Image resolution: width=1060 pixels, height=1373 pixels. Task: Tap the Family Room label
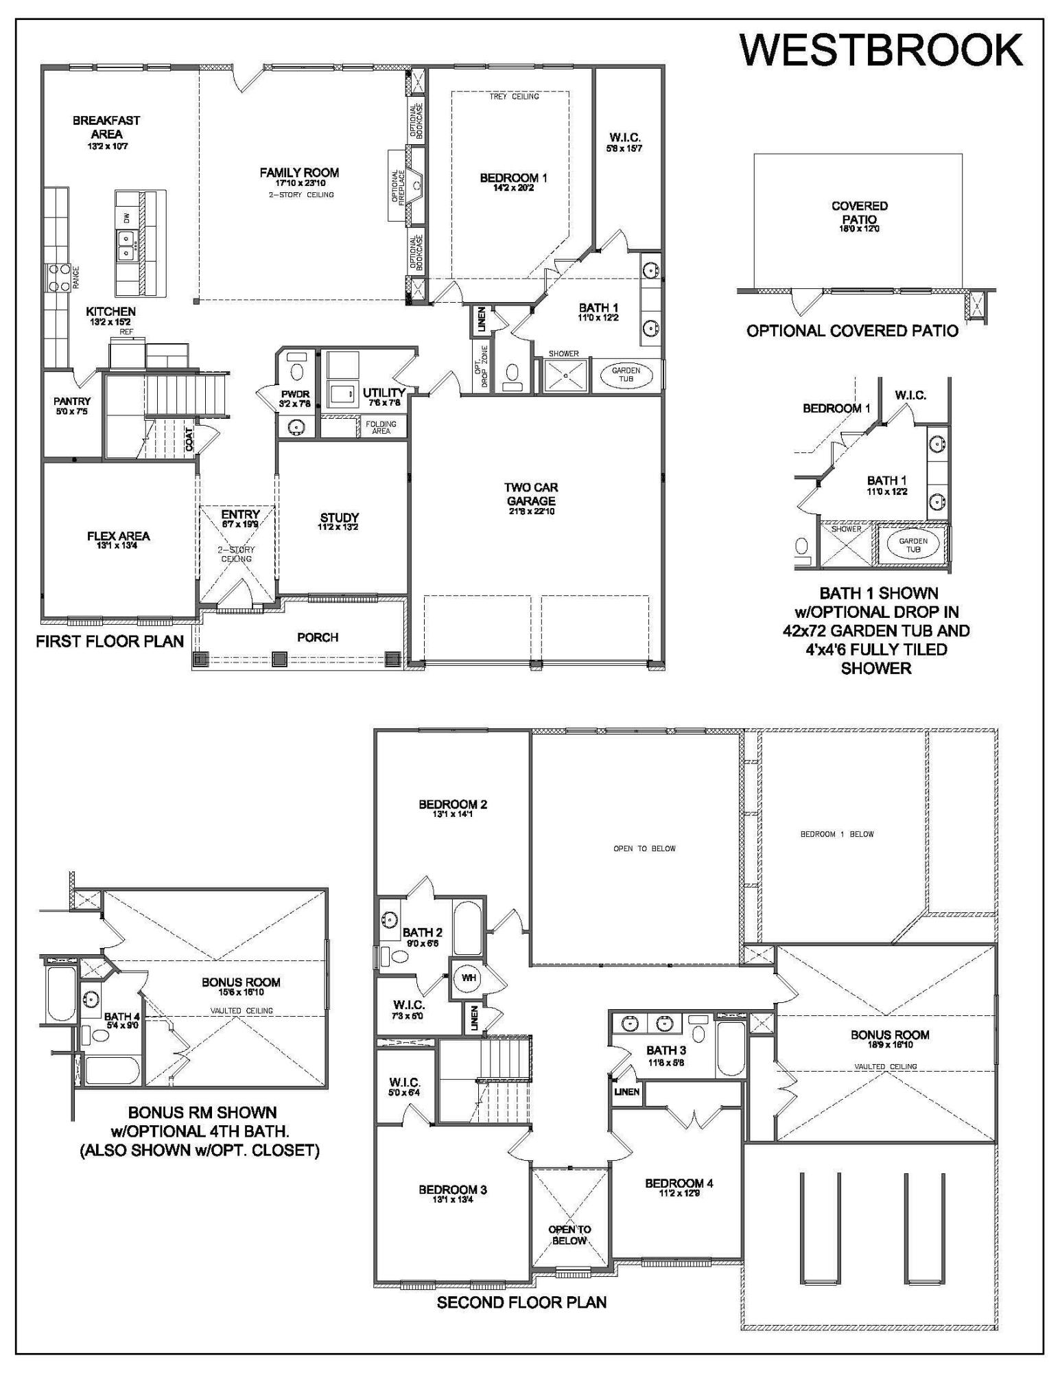tap(299, 173)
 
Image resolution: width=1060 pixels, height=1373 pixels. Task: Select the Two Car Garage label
tap(531, 494)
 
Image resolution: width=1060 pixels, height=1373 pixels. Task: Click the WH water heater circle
tap(468, 978)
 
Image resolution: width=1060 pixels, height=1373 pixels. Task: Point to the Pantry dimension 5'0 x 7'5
tap(72, 411)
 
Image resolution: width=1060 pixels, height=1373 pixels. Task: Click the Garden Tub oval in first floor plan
tap(626, 374)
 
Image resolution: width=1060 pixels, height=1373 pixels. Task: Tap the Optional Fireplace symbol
tap(415, 185)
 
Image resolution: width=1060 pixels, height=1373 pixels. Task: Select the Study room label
tap(340, 518)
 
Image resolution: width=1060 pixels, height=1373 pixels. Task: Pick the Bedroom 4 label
tap(679, 1183)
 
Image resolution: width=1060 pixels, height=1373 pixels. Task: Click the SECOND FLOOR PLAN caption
tap(521, 1302)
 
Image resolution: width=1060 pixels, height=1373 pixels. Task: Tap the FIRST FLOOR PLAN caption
tap(110, 641)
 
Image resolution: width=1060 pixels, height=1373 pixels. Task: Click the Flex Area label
tap(118, 536)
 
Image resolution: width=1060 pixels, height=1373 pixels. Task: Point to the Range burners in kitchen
tap(57, 277)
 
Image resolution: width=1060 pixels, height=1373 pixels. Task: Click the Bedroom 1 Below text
tap(837, 834)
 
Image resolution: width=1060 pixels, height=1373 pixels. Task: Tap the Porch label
tap(318, 637)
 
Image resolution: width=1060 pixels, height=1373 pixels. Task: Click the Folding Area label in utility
tap(381, 427)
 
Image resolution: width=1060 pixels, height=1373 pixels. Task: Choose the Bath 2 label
tap(422, 932)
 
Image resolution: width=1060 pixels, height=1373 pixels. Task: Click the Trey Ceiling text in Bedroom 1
tap(514, 97)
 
